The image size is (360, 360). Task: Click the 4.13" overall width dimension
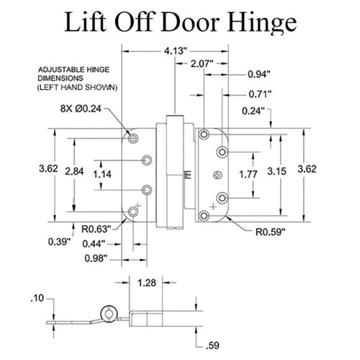(174, 52)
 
